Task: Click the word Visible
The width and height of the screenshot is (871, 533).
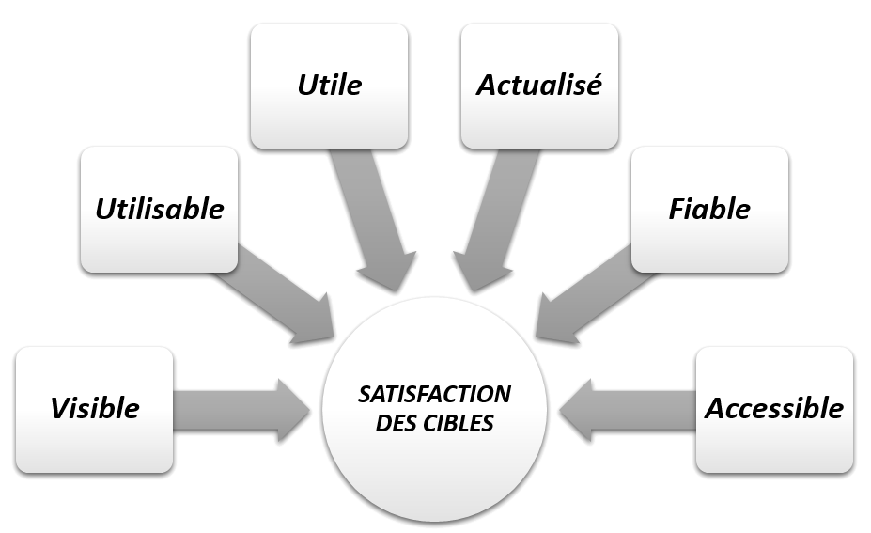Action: click(x=95, y=408)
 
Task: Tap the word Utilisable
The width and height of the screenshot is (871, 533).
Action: click(x=160, y=209)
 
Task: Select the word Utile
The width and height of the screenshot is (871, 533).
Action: click(x=329, y=85)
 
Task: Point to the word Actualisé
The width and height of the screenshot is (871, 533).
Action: click(x=538, y=85)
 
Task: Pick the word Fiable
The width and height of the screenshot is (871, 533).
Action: click(x=709, y=209)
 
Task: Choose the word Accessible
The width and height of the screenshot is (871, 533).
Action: click(x=774, y=408)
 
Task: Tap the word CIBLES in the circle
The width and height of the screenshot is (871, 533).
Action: click(x=459, y=423)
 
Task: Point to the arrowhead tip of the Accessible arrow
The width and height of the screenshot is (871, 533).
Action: click(x=561, y=410)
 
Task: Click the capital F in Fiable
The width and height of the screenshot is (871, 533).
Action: click(x=677, y=209)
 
